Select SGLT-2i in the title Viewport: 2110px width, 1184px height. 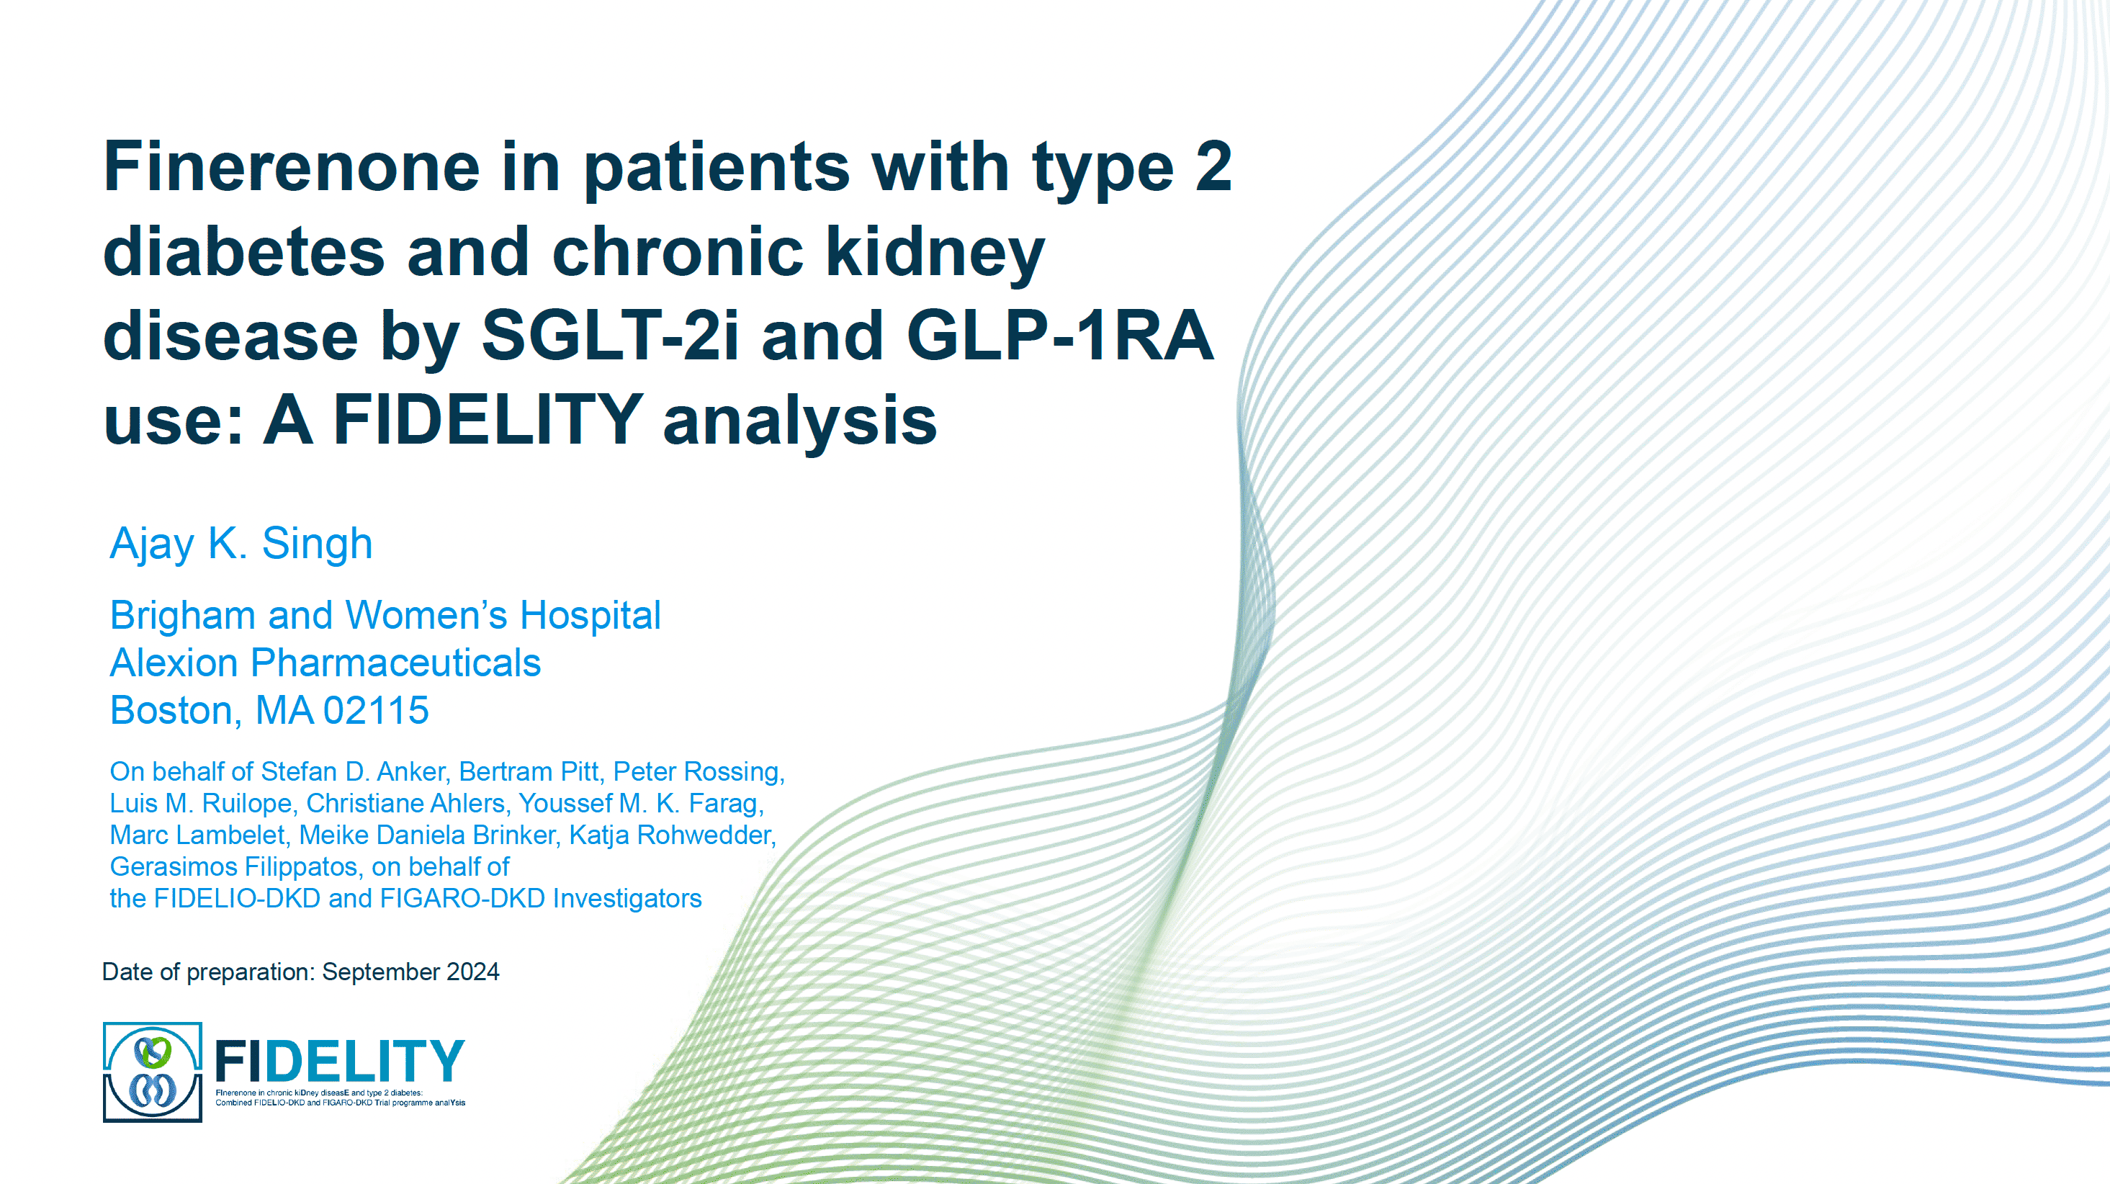pos(609,335)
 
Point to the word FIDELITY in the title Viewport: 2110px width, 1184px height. pos(488,420)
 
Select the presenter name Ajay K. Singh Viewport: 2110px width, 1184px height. pos(242,543)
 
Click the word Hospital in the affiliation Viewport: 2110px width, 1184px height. pos(590,615)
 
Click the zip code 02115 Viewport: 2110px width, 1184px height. pos(376,710)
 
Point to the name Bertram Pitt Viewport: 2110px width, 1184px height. pos(529,772)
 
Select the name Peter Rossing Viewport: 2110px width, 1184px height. pos(698,772)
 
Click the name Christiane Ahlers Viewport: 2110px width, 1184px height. pos(405,804)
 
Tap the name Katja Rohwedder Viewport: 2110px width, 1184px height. pos(671,835)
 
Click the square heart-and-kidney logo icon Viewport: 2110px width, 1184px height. pos(153,1072)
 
